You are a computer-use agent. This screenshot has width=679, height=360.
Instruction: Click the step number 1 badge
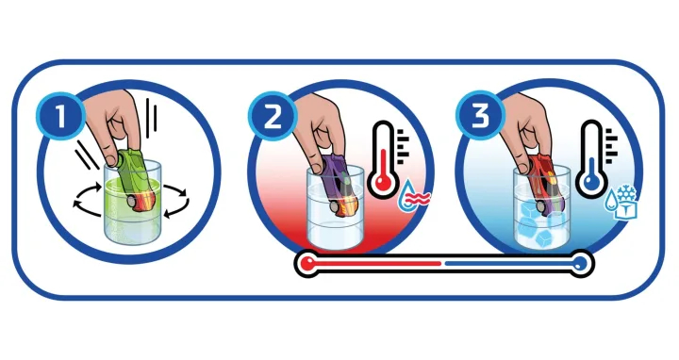tap(61, 116)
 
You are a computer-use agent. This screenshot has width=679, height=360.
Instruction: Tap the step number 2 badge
tap(273, 116)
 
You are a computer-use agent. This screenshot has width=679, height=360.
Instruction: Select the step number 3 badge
tap(480, 115)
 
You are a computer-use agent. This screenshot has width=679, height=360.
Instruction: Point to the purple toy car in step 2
tap(341, 185)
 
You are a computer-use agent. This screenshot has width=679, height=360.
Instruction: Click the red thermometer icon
tap(383, 159)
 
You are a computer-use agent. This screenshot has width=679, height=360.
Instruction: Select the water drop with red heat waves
tap(414, 196)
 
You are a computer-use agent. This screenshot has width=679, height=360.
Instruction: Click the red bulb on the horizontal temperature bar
tap(308, 263)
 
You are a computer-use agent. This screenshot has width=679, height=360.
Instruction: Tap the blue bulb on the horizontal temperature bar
tap(581, 263)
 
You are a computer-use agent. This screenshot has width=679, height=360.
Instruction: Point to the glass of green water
tap(132, 204)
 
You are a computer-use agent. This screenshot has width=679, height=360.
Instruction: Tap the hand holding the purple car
tap(320, 126)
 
